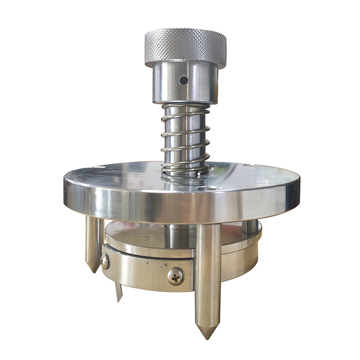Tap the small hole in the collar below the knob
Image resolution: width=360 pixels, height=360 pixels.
[x=183, y=80]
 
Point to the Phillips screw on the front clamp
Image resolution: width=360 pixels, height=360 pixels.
[x=176, y=276]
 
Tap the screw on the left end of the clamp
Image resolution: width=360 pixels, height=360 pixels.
[x=105, y=262]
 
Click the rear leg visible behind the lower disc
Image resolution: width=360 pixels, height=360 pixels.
[x=250, y=226]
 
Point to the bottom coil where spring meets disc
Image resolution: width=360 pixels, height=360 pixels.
[x=185, y=169]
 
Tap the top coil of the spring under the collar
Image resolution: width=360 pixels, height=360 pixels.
[x=185, y=107]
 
